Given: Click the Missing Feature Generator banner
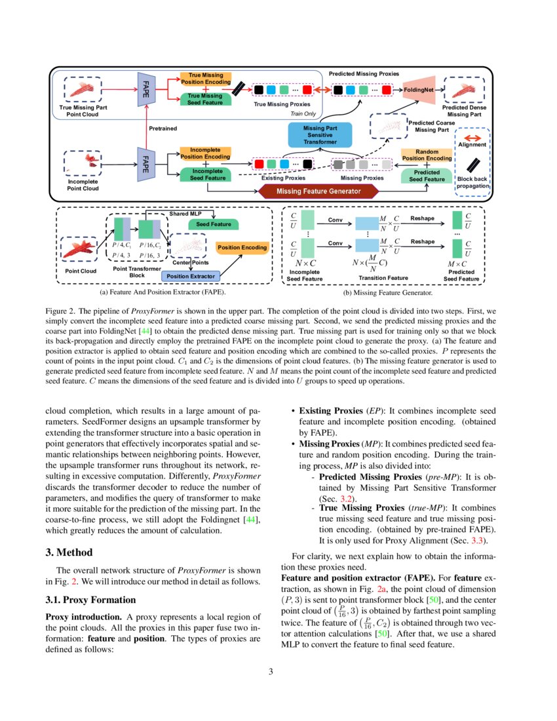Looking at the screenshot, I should coord(319,191).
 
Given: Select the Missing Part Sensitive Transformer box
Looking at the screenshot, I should coord(320,134).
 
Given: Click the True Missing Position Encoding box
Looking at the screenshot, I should coord(205,79).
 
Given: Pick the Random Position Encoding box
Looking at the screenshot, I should coord(427,155).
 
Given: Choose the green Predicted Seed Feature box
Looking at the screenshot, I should coord(427,175).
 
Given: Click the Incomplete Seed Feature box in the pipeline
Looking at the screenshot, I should coord(207,174).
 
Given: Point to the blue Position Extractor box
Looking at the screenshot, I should coord(191,276).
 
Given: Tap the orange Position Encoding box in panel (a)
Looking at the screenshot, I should coord(242,247).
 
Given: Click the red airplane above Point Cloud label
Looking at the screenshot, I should coord(80,250).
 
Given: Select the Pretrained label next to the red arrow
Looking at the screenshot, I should coord(163,128).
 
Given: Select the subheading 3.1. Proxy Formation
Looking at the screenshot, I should coord(90,600).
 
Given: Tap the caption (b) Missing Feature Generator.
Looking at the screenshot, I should coord(383,293).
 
